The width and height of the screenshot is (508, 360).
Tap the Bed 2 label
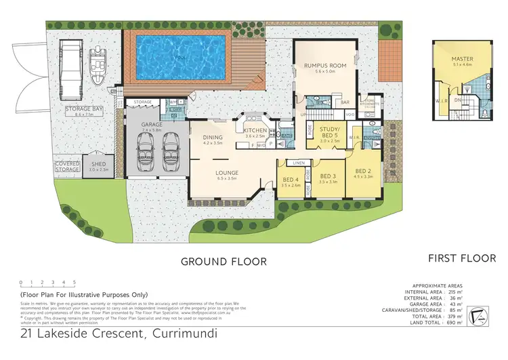(363, 170)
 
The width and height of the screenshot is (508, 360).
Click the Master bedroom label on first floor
(463, 59)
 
